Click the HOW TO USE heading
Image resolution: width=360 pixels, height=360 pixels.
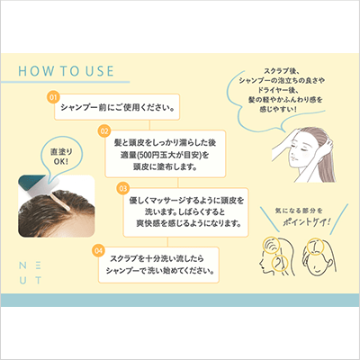click(x=66, y=71)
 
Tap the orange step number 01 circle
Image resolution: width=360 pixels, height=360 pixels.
click(x=53, y=97)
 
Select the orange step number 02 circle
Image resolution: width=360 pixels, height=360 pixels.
click(x=104, y=131)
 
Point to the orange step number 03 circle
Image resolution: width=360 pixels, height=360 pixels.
click(x=123, y=188)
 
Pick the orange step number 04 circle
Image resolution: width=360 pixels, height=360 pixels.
click(x=98, y=250)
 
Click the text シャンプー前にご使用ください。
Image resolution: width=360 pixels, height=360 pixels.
click(x=118, y=107)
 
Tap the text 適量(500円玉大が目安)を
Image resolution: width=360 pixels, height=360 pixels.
click(x=165, y=155)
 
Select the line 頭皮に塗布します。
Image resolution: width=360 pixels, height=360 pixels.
click(x=165, y=166)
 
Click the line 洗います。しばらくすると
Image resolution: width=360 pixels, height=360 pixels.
click(x=185, y=211)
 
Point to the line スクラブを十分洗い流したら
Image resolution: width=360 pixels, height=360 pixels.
click(x=157, y=258)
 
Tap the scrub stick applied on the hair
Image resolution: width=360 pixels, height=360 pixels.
click(x=61, y=201)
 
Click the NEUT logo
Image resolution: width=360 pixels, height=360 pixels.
click(x=31, y=273)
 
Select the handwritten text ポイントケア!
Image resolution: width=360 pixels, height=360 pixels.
click(x=307, y=222)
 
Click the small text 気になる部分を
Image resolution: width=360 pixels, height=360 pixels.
click(x=299, y=211)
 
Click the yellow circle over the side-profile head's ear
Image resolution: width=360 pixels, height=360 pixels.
click(x=279, y=263)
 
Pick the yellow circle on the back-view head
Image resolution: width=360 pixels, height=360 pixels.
click(x=315, y=246)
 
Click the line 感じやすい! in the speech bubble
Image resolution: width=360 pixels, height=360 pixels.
click(x=278, y=109)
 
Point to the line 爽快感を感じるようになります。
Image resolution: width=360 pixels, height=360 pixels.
click(x=189, y=223)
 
